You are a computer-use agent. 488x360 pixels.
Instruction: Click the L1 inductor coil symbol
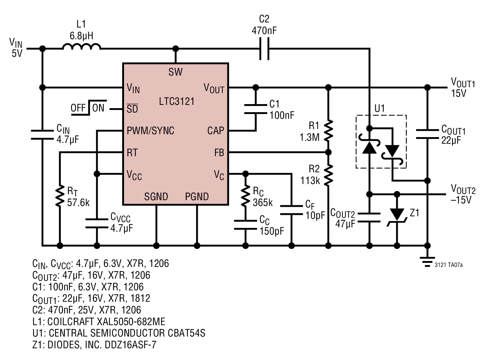81,47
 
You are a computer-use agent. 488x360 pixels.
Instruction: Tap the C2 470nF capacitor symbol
264,49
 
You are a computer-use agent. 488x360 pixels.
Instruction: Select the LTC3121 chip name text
177,102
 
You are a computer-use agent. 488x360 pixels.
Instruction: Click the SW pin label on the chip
175,72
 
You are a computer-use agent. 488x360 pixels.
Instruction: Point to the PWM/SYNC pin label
150,131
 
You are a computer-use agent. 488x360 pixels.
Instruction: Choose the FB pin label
219,153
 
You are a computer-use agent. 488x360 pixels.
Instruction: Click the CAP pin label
216,131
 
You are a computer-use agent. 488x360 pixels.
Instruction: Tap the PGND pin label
197,196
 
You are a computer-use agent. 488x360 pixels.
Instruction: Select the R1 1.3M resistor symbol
328,131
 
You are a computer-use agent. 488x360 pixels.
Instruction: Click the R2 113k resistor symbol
328,175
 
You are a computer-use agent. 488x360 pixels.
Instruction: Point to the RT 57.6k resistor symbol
60,196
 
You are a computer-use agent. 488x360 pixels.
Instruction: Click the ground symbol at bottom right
427,262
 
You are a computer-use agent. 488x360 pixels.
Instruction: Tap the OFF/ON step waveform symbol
89,108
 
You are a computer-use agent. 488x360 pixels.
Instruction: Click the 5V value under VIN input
17,54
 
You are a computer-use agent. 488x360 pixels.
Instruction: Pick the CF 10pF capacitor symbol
291,210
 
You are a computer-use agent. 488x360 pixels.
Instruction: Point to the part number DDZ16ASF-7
131,345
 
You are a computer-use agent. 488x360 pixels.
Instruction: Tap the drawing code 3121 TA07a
448,265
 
